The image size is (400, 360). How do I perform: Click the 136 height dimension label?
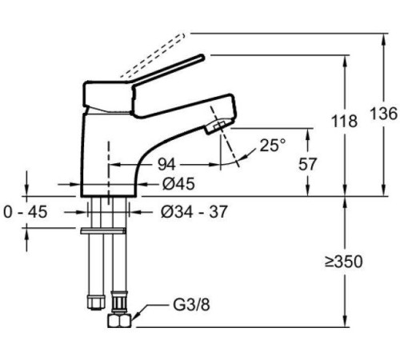tap(384, 114)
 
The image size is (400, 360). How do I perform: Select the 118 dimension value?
tap(344, 121)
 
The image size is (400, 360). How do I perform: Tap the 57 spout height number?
tap(307, 164)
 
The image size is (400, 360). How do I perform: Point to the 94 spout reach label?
tap(166, 164)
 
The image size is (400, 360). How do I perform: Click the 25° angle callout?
tap(273, 145)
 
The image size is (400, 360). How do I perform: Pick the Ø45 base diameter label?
tap(178, 184)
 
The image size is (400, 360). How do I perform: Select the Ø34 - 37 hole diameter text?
tap(194, 212)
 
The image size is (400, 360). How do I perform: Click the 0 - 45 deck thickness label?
tap(26, 212)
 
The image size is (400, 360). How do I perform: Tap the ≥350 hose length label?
tap(344, 262)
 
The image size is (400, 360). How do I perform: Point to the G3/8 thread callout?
tap(191, 305)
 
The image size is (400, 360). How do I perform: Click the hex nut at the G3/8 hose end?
tap(119, 320)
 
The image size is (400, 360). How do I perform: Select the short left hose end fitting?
tap(96, 302)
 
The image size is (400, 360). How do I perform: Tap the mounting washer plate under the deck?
tap(103, 231)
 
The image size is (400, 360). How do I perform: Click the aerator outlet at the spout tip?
tap(218, 126)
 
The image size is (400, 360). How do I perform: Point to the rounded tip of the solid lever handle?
tap(202, 57)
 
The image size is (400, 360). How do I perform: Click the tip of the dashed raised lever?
tap(182, 36)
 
